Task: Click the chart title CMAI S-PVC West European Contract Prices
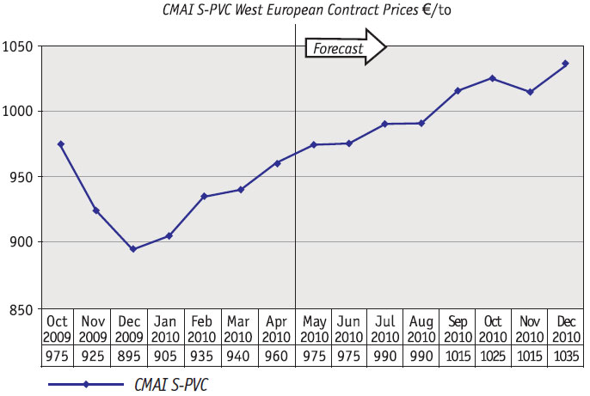click(318, 10)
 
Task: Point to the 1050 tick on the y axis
click(19, 46)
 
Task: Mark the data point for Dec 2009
click(132, 249)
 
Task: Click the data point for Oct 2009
click(60, 144)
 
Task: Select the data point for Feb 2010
click(204, 197)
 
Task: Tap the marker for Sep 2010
click(457, 90)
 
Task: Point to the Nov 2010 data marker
click(529, 92)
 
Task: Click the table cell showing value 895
click(132, 356)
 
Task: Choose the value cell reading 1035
click(565, 356)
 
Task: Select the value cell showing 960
click(276, 356)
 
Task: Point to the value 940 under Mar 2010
click(240, 356)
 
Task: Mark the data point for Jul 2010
click(384, 124)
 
